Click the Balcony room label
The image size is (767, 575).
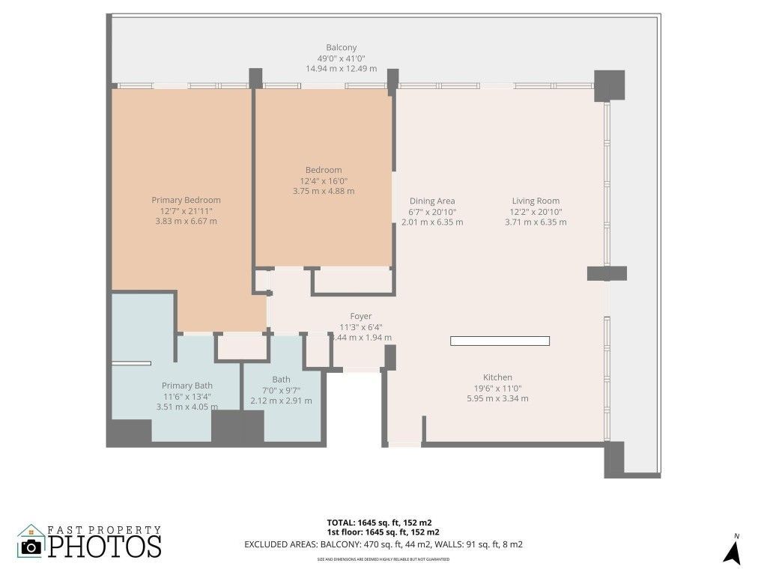(x=341, y=48)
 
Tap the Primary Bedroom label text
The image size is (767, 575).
(x=186, y=200)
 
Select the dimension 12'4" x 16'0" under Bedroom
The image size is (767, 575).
(x=323, y=180)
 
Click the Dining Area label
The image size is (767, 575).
(x=432, y=201)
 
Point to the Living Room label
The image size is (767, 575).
(x=536, y=201)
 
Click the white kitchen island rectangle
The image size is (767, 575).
(x=500, y=341)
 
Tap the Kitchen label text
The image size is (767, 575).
(x=497, y=377)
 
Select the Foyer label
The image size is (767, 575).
(x=360, y=316)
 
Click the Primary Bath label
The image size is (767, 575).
(x=187, y=386)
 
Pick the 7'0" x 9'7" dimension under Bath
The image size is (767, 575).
(x=281, y=390)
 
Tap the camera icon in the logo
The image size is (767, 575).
(x=31, y=547)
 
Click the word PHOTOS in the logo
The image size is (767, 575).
(x=106, y=545)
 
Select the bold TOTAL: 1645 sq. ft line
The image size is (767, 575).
(x=379, y=522)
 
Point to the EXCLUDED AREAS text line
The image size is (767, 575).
(x=383, y=544)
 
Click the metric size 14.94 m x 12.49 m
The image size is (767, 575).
(x=341, y=68)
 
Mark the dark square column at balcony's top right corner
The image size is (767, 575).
(x=609, y=85)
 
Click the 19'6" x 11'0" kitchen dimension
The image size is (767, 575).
(x=497, y=388)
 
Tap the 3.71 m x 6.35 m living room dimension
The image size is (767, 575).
(x=536, y=222)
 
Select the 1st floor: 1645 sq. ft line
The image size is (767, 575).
(x=383, y=532)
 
